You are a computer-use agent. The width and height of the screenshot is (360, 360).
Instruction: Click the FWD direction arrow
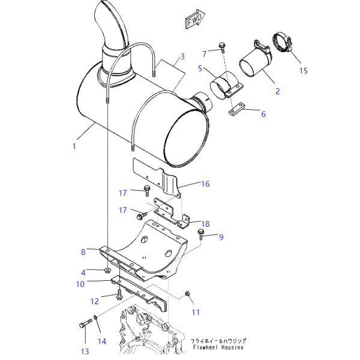194,19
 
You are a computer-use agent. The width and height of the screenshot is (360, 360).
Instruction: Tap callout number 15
303,71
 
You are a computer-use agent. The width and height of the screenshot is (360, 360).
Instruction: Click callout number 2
278,91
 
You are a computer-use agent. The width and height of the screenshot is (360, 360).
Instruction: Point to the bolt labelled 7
222,47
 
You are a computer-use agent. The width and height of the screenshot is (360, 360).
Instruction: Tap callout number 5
200,68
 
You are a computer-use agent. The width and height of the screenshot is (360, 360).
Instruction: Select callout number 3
182,56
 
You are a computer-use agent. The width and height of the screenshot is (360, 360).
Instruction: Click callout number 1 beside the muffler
74,146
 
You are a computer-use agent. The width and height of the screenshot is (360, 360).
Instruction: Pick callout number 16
205,184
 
